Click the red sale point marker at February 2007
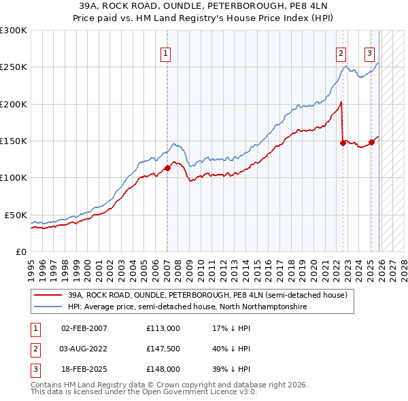click(167, 169)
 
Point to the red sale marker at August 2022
click(343, 143)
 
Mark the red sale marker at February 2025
click(371, 143)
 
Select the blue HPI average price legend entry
click(187, 307)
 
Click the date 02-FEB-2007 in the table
click(84, 328)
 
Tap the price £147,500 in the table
click(163, 349)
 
